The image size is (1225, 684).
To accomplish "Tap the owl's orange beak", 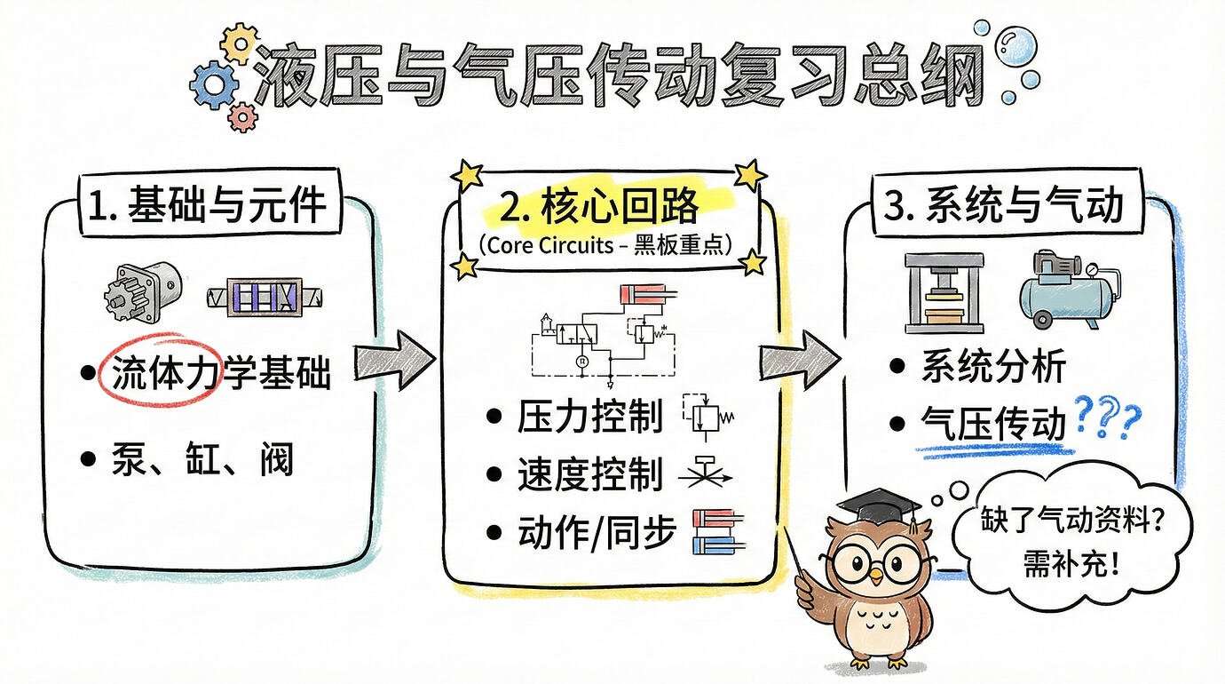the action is click(876, 577).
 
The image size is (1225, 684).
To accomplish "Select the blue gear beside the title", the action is click(214, 84).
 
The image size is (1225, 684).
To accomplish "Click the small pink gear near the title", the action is click(242, 115).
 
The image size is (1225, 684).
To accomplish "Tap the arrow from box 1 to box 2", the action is click(394, 360).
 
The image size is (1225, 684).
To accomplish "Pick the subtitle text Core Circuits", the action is click(548, 244).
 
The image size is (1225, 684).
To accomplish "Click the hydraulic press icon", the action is click(944, 291).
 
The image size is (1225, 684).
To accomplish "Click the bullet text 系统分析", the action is click(993, 365).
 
